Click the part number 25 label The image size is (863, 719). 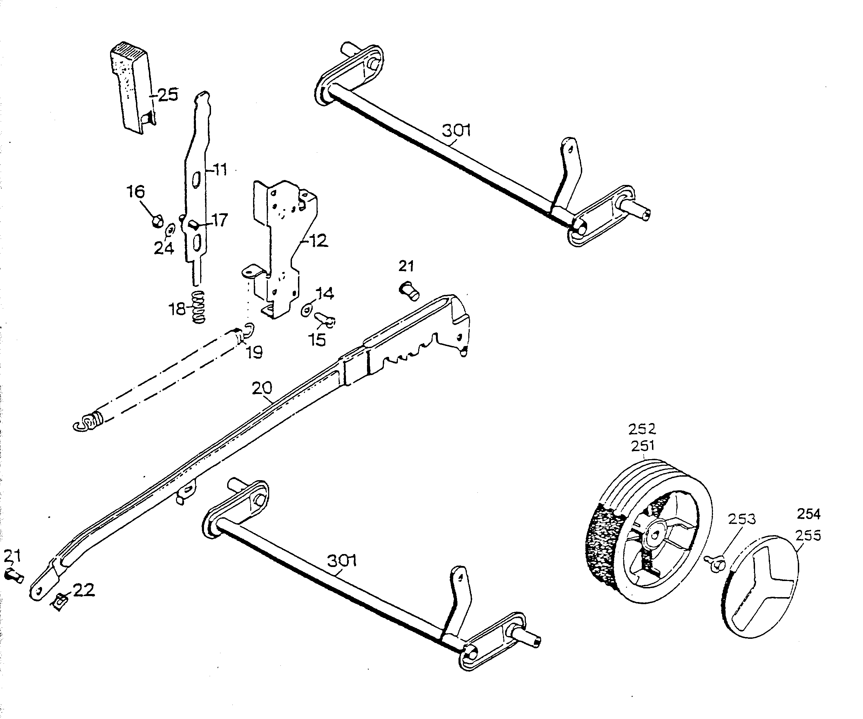coord(168,95)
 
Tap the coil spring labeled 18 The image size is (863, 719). coord(198,307)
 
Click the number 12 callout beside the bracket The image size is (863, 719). coord(319,241)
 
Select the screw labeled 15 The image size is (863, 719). coord(325,319)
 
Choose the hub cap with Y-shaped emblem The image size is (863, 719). coord(760,587)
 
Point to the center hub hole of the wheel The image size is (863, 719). coord(655,534)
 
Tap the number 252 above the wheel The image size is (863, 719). coord(642,429)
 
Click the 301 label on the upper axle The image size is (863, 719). coord(456,131)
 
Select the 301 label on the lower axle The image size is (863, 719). coord(341,560)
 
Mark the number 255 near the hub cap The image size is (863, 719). coord(808,535)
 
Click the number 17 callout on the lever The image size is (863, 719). coord(220,221)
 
